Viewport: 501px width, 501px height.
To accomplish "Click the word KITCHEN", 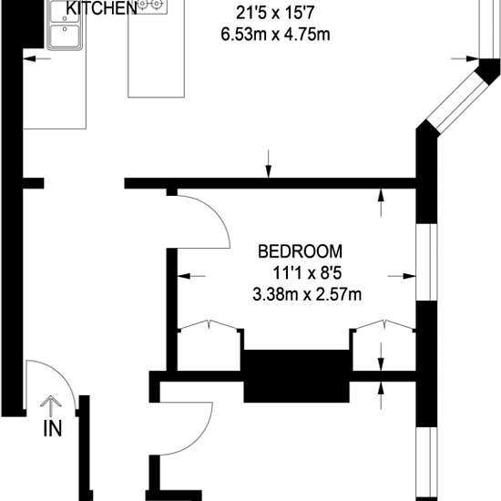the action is pyautogui.click(x=102, y=8).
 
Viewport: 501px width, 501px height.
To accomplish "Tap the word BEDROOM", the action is pyautogui.click(x=300, y=251).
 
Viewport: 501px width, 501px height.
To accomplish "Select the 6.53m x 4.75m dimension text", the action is pyautogui.click(x=275, y=35).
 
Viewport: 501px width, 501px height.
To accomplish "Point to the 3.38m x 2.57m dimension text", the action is pyautogui.click(x=307, y=294).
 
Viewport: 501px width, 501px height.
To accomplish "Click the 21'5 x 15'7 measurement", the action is pyautogui.click(x=275, y=14).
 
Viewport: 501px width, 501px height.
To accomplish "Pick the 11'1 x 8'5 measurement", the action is pyautogui.click(x=307, y=273).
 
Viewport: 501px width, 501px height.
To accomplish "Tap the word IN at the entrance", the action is pyautogui.click(x=53, y=429).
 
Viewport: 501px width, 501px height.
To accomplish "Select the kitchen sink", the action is pyautogui.click(x=65, y=25).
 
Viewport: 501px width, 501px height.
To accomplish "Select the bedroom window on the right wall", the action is pyautogui.click(x=426, y=262).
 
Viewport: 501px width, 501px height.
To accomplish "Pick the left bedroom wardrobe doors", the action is pyautogui.click(x=210, y=324).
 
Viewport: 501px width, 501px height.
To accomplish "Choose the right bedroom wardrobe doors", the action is pyautogui.click(x=384, y=324).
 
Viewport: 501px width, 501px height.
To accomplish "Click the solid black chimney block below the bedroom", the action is pyautogui.click(x=297, y=376).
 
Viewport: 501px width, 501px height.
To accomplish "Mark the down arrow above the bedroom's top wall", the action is pyautogui.click(x=269, y=164).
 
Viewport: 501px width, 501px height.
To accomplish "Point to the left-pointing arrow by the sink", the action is pyautogui.click(x=37, y=58).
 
